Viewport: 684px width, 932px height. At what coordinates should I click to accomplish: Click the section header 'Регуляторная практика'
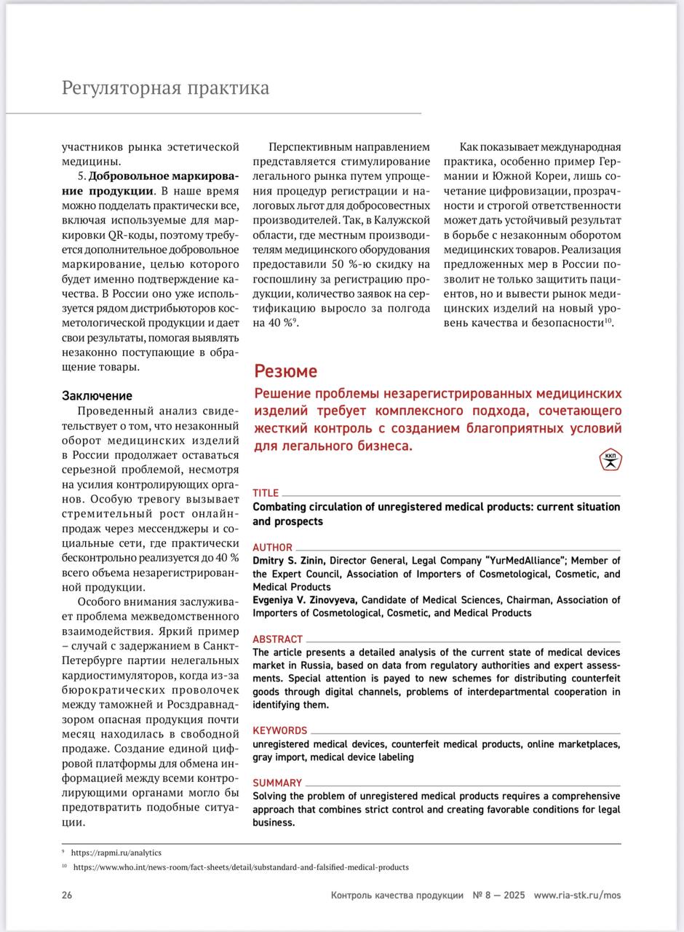(x=165, y=88)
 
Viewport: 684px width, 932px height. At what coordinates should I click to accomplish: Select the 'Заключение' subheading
(x=97, y=395)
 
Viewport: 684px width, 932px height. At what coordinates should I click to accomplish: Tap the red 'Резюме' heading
(x=285, y=371)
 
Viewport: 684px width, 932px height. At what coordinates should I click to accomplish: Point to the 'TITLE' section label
(x=266, y=493)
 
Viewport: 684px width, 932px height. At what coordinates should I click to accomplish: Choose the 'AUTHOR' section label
(x=272, y=547)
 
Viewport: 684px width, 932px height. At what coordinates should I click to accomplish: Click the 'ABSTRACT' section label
(x=277, y=639)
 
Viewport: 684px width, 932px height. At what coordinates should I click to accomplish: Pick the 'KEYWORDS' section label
(x=279, y=730)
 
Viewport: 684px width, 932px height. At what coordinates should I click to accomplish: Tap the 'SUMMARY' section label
(x=277, y=783)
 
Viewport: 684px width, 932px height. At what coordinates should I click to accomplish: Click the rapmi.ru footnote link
(x=116, y=853)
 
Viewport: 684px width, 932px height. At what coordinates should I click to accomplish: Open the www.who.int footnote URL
(x=241, y=867)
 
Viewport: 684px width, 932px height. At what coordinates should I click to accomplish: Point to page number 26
(x=67, y=895)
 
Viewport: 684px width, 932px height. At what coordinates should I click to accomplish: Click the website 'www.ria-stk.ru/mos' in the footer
(x=577, y=895)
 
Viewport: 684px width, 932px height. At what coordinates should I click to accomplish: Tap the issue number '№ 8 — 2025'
(x=498, y=895)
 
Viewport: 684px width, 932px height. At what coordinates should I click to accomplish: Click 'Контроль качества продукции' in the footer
(x=397, y=895)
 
